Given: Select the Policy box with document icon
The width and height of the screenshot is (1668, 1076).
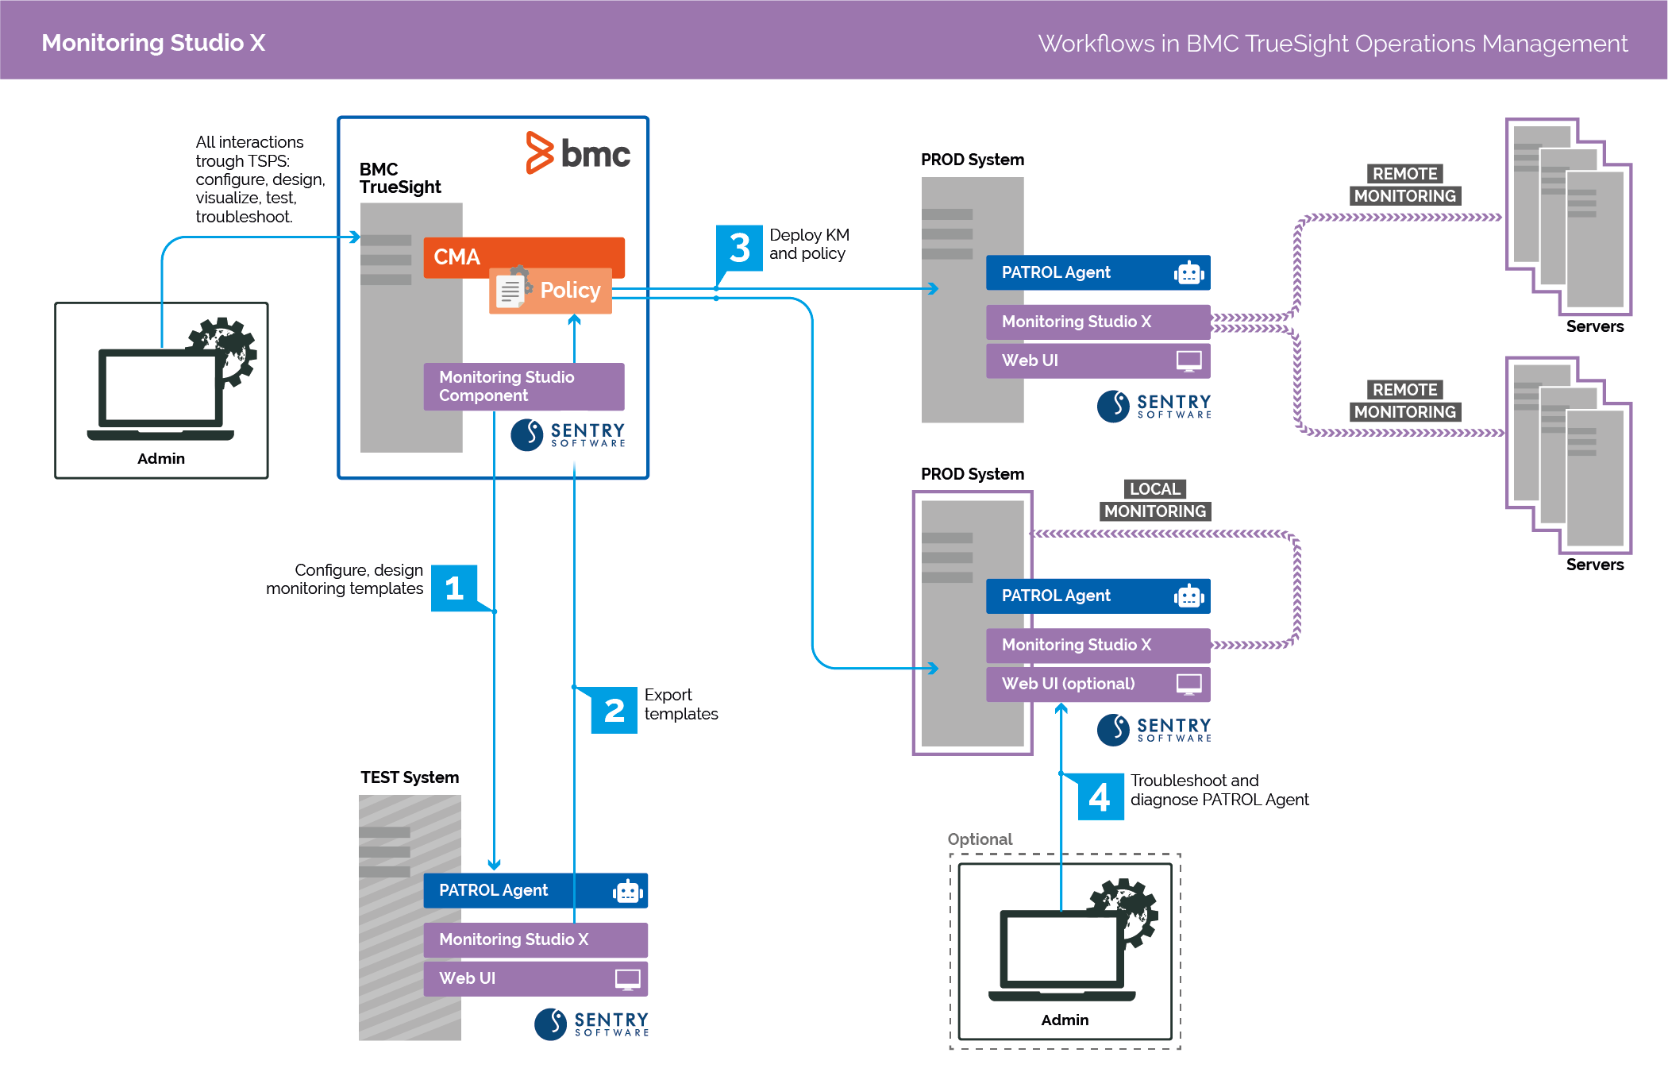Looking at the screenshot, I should point(550,291).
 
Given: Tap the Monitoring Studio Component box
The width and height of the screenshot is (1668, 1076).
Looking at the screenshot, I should point(523,386).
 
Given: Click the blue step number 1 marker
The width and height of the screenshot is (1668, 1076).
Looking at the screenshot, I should point(454,588).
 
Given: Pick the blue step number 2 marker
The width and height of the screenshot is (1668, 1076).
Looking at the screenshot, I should point(614,710).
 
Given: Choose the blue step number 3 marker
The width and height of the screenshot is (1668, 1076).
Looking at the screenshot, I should point(739,248).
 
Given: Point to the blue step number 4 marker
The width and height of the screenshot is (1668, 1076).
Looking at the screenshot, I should point(1100,796).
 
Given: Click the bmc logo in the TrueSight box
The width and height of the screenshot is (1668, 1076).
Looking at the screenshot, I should point(578,152).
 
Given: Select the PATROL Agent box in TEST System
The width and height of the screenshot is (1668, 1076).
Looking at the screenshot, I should point(535,890).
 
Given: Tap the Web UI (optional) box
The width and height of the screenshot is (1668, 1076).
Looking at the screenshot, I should point(1097,684).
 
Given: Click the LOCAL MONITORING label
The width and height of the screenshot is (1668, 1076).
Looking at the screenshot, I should point(1155,500).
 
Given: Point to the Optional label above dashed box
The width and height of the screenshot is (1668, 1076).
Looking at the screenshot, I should point(980,839).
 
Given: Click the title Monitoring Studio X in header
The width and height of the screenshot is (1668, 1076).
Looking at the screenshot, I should point(153,42).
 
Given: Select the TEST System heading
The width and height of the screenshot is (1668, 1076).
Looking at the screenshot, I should point(410,777).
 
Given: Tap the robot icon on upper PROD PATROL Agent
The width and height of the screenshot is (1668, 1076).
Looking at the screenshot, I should point(1188,273).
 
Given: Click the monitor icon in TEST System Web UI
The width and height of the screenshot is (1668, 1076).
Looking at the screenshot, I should point(627,979).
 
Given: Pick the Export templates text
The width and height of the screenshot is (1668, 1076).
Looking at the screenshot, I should point(680,704).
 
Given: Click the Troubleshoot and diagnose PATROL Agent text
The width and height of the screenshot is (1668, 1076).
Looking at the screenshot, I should point(1219,790).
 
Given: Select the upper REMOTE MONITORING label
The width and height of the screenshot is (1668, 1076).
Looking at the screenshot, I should point(1404,185).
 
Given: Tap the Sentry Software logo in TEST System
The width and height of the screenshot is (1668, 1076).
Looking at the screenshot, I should point(591,1024).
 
